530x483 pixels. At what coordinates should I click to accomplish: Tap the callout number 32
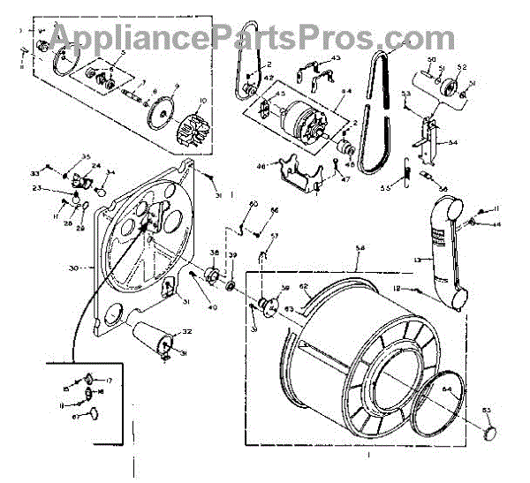coord(186,332)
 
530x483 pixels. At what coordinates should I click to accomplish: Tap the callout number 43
coord(336,58)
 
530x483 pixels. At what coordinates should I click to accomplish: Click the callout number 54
coord(453,143)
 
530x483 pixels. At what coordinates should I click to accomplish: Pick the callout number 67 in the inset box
coord(77,415)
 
